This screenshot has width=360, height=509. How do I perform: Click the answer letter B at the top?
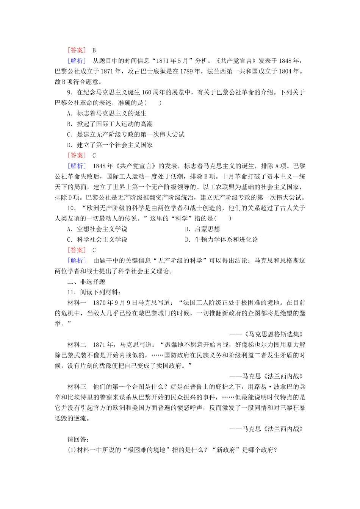point(94,50)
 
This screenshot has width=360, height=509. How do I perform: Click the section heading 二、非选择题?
point(86,282)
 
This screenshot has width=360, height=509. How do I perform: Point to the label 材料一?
point(77,303)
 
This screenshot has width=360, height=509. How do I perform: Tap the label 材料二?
point(77,345)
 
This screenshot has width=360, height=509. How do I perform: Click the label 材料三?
point(77,387)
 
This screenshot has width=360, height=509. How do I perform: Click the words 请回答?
point(78,439)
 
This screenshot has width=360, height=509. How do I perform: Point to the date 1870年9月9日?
point(115,303)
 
